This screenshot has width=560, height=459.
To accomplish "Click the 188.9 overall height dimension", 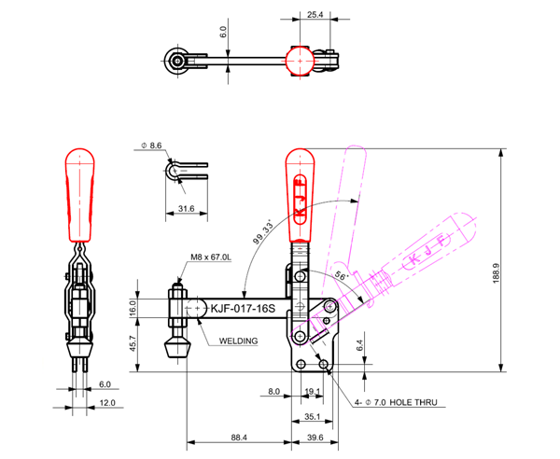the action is point(497,273).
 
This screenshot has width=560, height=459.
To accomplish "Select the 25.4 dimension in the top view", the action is point(315,15).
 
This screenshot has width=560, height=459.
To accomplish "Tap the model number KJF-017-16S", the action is point(244,309).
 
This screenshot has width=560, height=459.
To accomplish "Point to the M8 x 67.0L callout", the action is point(211,257).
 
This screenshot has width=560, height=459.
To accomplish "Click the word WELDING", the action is point(238,341).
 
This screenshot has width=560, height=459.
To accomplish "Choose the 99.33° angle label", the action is point(263,232).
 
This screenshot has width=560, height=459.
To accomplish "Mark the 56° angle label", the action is point(341,276).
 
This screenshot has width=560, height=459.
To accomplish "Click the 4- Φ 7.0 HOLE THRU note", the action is point(396,403).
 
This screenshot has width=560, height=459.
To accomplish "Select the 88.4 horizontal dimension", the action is point(239,438).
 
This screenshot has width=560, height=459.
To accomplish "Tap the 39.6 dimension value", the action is point(315,438).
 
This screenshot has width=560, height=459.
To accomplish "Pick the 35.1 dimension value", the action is point(312,416).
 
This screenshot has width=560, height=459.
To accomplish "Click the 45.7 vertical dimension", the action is point(133,343).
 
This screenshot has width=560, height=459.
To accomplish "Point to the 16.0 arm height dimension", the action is point(133,308).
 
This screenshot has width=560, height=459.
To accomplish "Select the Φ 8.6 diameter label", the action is point(151,146).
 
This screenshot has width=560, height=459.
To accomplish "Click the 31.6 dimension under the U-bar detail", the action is point(186,208).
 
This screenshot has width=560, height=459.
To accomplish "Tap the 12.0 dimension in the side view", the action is point(107,403).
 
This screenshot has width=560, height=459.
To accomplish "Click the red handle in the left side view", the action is point(80,195).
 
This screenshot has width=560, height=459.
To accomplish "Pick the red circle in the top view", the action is point(300,61).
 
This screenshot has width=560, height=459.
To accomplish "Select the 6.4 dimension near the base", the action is point(359,346).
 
